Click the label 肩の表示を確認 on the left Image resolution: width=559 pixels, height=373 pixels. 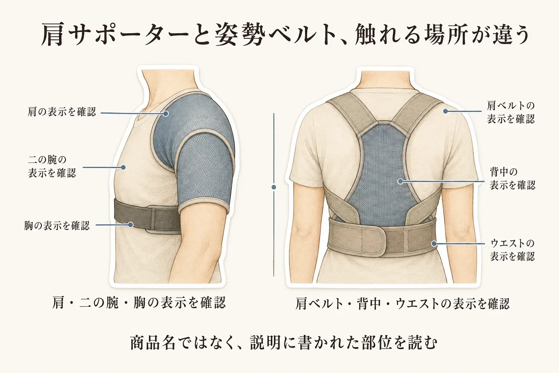pos(62,111)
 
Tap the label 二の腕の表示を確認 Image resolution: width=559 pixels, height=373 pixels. pos(52,166)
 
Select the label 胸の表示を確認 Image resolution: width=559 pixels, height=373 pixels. pos(57,225)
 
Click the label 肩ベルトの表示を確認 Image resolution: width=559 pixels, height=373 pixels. pos(511,113)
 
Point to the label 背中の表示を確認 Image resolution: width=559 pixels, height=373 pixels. pos(512,178)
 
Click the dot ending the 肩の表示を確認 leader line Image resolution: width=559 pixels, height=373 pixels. pos(166,114)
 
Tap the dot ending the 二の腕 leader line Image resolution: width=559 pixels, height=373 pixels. pos(123,167)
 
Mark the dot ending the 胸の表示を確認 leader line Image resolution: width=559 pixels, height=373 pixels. pos(130,225)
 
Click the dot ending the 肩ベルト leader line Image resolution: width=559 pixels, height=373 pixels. pos(445,111)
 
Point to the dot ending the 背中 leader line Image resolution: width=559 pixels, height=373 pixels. pos(400,181)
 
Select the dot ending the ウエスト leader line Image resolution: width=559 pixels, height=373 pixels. pos(434,243)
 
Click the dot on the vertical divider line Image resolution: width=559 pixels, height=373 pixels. pos(274,187)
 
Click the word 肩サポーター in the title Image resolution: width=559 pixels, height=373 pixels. pos(115,35)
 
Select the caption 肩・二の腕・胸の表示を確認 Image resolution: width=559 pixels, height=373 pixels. pos(139,303)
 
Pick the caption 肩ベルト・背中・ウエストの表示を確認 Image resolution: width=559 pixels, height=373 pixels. pos(402,303)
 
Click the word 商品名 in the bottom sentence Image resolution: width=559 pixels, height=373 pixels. pos(152,343)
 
